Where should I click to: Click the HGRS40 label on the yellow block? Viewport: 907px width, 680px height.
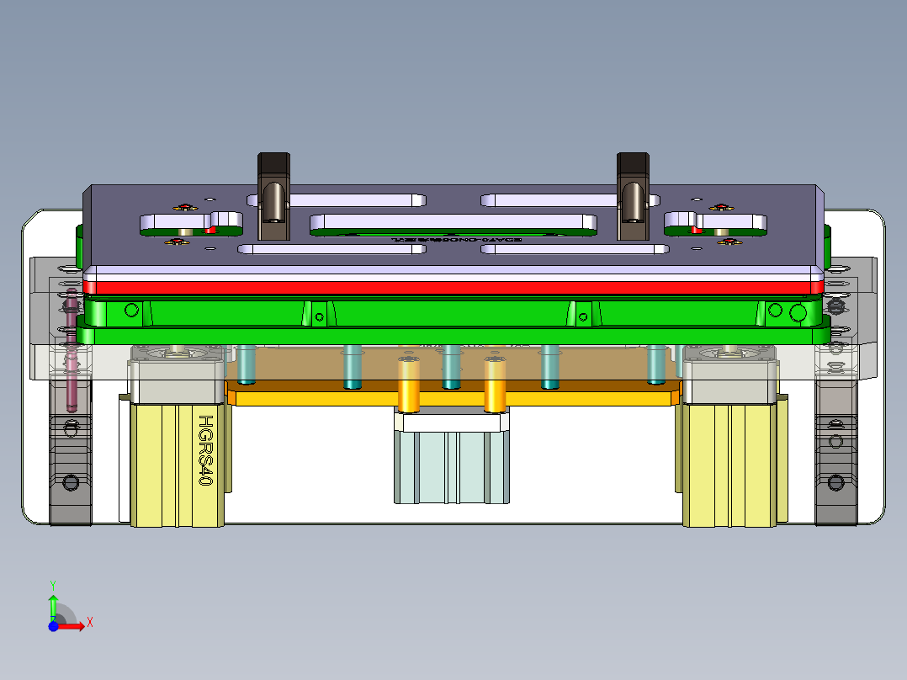pyautogui.click(x=204, y=450)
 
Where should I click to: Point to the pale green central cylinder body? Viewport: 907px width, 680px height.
pyautogui.click(x=452, y=467)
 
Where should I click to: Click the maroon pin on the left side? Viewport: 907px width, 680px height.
pyautogui.click(x=72, y=353)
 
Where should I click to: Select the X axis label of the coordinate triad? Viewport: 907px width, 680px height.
pyautogui.click(x=90, y=622)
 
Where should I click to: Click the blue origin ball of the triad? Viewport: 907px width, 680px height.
pyautogui.click(x=53, y=626)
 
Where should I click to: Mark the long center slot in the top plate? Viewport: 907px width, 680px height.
pyautogui.click(x=453, y=222)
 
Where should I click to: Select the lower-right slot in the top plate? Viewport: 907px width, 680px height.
pyautogui.click(x=572, y=249)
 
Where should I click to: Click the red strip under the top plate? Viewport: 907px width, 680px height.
pyautogui.click(x=454, y=287)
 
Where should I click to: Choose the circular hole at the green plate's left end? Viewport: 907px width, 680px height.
pyautogui.click(x=130, y=310)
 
